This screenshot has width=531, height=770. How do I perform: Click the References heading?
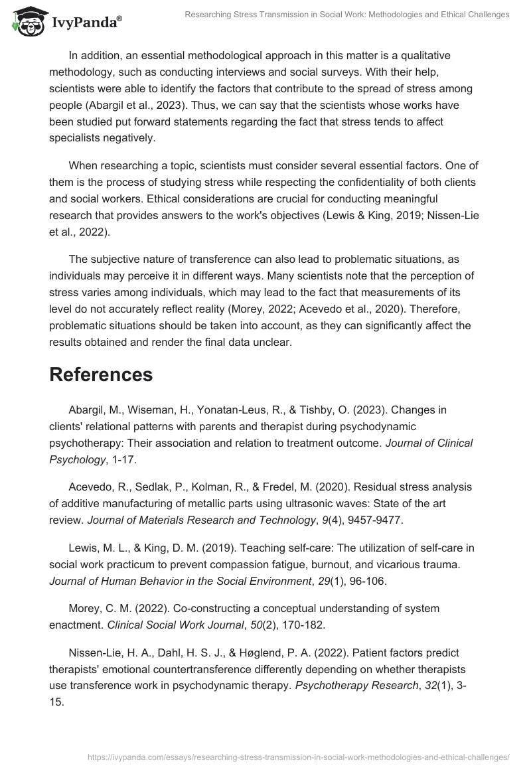coord(101,374)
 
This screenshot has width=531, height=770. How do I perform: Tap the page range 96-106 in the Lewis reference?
coord(370,581)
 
